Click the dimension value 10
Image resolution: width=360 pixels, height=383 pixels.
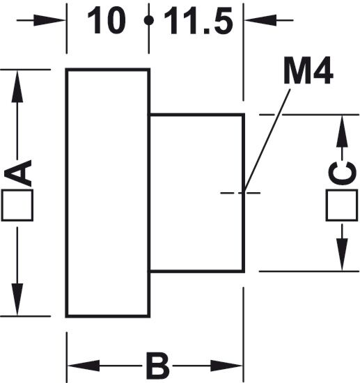click(x=107, y=20)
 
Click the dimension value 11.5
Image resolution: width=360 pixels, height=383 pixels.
click(x=198, y=21)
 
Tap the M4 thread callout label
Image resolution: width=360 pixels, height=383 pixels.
click(x=308, y=70)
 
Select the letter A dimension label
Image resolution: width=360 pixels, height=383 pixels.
click(x=17, y=173)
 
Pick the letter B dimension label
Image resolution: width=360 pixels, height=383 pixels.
click(x=157, y=366)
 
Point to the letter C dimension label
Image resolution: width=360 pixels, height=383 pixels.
click(x=342, y=173)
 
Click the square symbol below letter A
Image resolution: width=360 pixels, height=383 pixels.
click(x=17, y=205)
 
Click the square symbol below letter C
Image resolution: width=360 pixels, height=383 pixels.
click(x=342, y=205)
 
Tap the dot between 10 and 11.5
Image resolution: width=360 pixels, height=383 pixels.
click(x=149, y=20)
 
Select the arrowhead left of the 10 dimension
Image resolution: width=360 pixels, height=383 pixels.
click(x=49, y=20)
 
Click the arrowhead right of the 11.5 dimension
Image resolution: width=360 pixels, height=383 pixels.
click(x=260, y=20)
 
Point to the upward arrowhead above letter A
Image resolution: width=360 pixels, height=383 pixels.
click(x=17, y=86)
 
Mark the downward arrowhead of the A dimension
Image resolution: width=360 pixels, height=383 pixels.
click(x=17, y=299)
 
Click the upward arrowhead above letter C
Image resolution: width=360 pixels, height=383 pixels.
click(x=342, y=131)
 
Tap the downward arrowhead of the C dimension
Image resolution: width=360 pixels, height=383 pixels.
click(x=342, y=254)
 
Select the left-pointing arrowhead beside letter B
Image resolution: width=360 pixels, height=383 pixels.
click(x=84, y=366)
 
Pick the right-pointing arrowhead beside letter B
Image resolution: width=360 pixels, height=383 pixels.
click(x=226, y=366)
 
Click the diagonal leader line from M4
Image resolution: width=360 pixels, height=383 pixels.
click(x=267, y=141)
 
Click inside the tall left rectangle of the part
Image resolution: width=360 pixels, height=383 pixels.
click(x=108, y=193)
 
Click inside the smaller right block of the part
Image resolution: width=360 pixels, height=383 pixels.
click(x=197, y=193)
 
